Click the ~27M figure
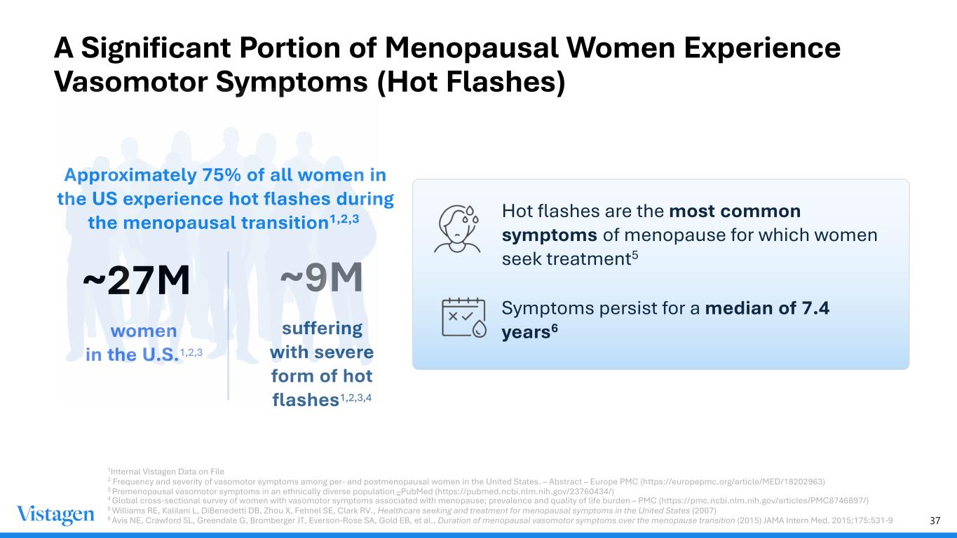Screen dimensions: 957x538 coord(136,280)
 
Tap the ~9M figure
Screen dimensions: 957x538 coord(321,277)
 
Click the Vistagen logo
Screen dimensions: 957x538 coord(55,515)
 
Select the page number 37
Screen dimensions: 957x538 coord(935,520)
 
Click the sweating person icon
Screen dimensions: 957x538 coord(457,229)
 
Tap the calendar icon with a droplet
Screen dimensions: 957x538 coord(464,317)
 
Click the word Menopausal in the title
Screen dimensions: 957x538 coord(472,48)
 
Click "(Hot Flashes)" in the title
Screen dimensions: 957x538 coord(471,83)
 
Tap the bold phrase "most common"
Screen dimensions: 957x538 coord(735,211)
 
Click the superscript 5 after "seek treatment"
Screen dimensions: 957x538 coord(635,255)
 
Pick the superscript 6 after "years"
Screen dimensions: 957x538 coord(555,329)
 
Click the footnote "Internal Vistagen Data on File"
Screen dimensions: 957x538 coord(167,471)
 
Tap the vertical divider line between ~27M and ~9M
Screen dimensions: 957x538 coord(229,326)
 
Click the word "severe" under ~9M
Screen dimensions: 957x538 coord(347,352)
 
